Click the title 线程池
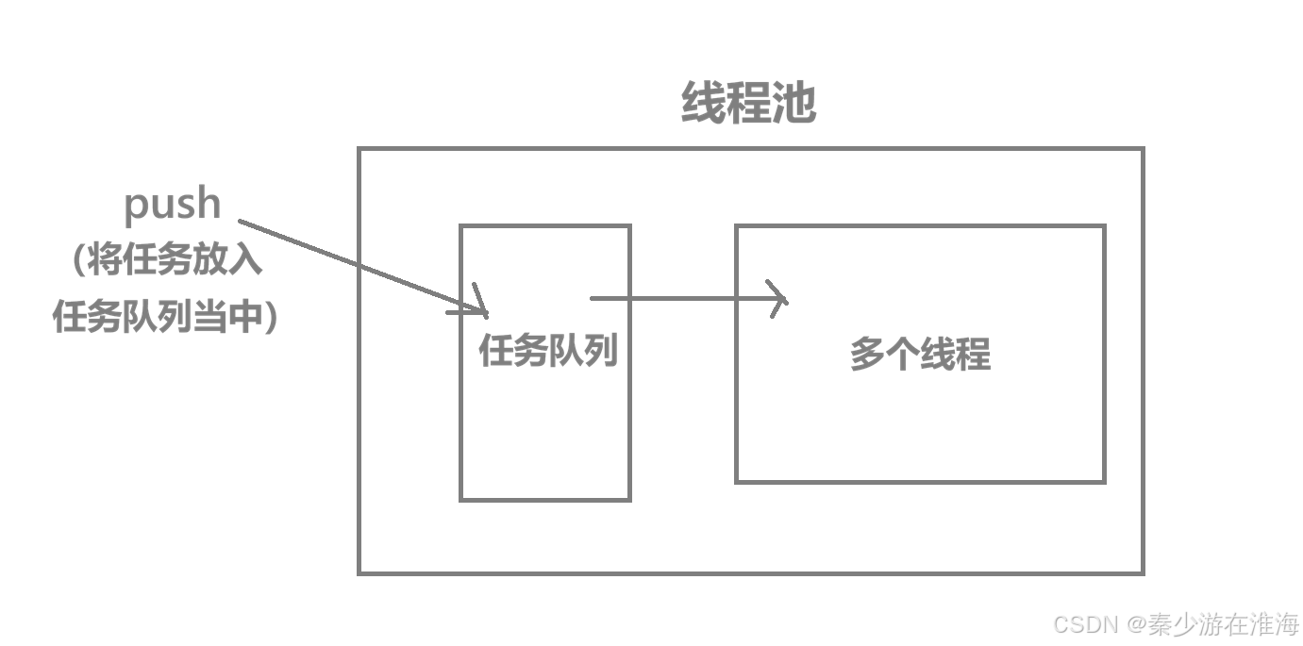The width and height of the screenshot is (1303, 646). coord(748,103)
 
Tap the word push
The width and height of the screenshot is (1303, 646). coord(173,204)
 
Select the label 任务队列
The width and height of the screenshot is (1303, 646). coord(548,351)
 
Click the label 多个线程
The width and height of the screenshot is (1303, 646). coord(920,355)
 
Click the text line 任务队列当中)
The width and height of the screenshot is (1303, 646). coord(165,317)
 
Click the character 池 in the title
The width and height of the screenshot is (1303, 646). coord(793,103)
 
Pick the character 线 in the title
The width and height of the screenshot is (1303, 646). coord(703,103)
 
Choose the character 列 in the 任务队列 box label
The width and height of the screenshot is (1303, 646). coord(600,351)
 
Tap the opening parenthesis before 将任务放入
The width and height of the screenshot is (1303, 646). coord(80,260)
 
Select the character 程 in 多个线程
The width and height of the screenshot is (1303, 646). coord(974,355)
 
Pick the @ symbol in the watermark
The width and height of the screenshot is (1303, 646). coord(1133,623)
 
